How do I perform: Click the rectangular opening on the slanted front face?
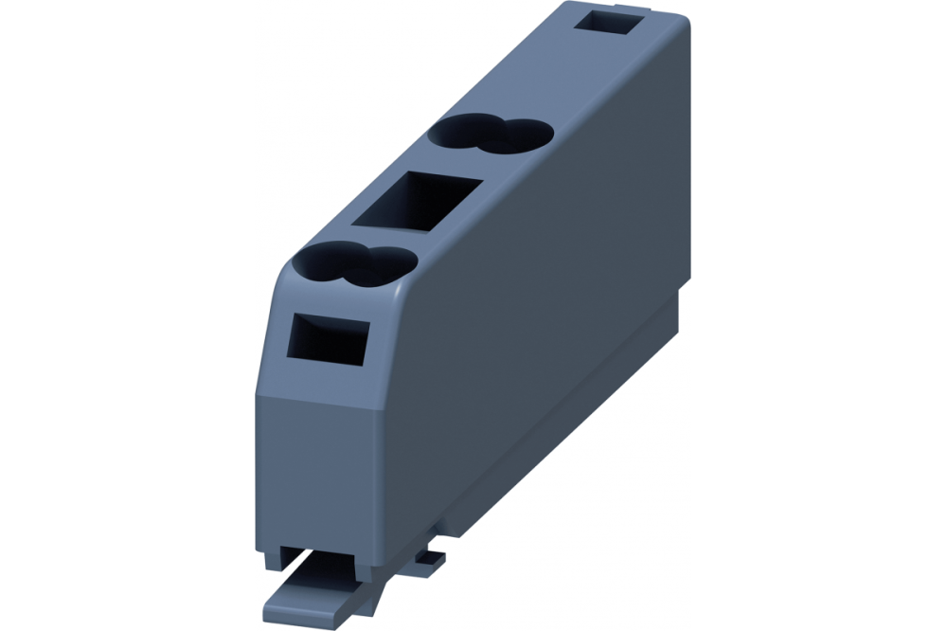coord(328,339)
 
